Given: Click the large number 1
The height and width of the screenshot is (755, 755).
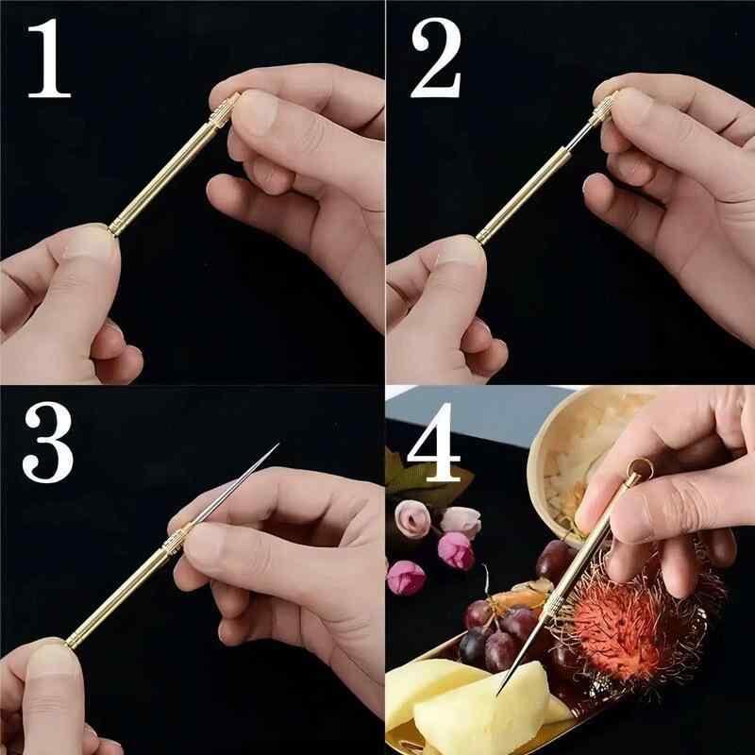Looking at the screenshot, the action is (x=49, y=59).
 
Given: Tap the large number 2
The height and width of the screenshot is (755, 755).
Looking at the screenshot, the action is (x=436, y=58).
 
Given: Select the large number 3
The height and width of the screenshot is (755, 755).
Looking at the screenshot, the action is (x=48, y=442).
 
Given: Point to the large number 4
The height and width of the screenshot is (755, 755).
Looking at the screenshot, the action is (x=434, y=442).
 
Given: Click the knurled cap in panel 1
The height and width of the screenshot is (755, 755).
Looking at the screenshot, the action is (x=224, y=110).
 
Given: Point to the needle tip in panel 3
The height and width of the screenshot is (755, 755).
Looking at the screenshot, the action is (x=278, y=444).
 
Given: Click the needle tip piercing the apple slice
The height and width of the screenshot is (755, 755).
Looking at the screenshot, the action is (x=498, y=694).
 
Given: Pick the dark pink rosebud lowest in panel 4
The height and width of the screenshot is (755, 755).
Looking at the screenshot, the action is (x=406, y=578).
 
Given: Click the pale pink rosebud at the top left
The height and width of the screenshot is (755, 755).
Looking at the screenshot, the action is (x=412, y=518).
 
